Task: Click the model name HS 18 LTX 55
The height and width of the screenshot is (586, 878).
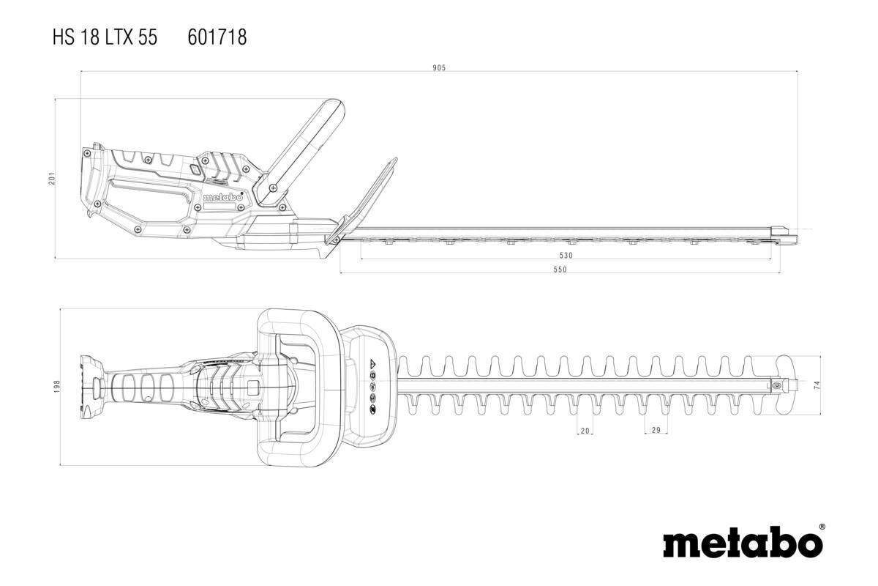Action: coord(105,37)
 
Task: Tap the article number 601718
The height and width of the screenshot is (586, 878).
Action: coord(217,37)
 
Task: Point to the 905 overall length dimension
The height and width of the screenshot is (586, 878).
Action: coord(439,68)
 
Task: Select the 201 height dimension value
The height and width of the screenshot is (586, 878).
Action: coord(52,178)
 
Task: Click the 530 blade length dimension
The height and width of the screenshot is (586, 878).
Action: coord(566,256)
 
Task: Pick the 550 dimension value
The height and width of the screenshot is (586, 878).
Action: coord(560,270)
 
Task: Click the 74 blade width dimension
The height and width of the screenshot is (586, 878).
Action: coord(817,385)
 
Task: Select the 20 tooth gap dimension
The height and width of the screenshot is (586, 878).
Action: coord(585,431)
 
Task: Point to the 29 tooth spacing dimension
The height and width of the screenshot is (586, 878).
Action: coord(656,430)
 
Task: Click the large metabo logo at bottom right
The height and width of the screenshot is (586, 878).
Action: coord(742,544)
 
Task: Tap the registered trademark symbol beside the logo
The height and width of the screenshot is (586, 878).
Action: coord(822,527)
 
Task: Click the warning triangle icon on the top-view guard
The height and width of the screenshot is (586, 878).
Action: coord(372,363)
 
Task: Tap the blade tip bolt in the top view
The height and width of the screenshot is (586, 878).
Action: coord(777,384)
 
